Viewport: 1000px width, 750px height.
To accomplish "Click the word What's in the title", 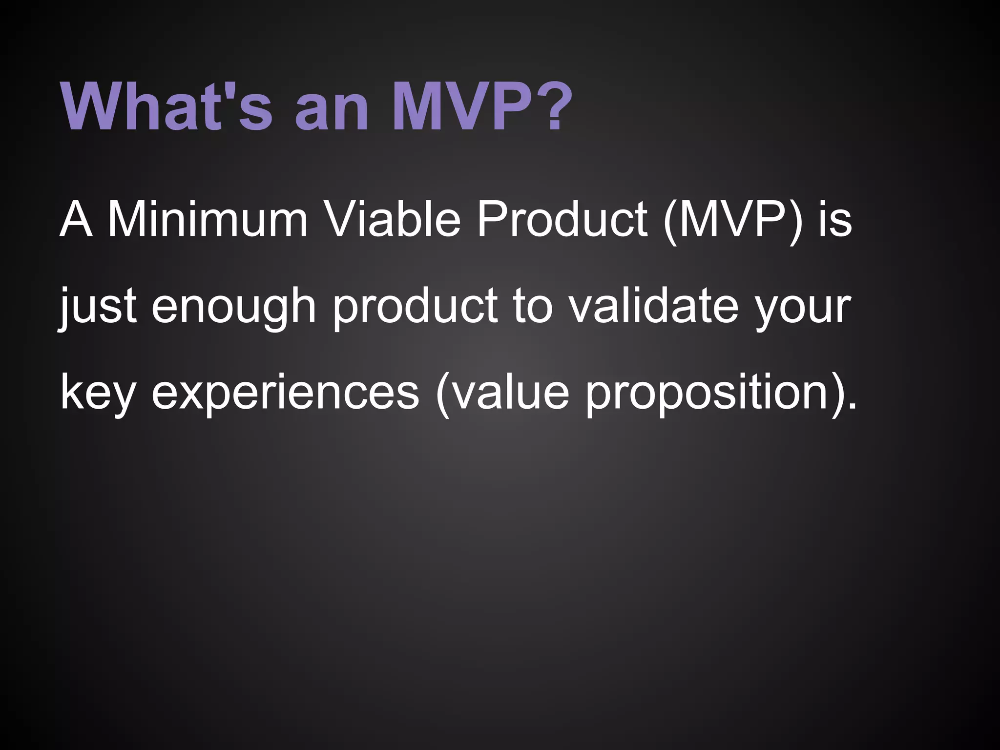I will click(x=166, y=106).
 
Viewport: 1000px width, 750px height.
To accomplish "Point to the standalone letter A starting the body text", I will click(x=76, y=220).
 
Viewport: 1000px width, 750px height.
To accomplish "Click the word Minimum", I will click(x=208, y=220).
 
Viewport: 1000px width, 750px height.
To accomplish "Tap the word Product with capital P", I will click(x=562, y=220).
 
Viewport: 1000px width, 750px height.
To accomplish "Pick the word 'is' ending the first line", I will click(x=835, y=220).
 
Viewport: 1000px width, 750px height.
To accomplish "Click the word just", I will click(x=98, y=307).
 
